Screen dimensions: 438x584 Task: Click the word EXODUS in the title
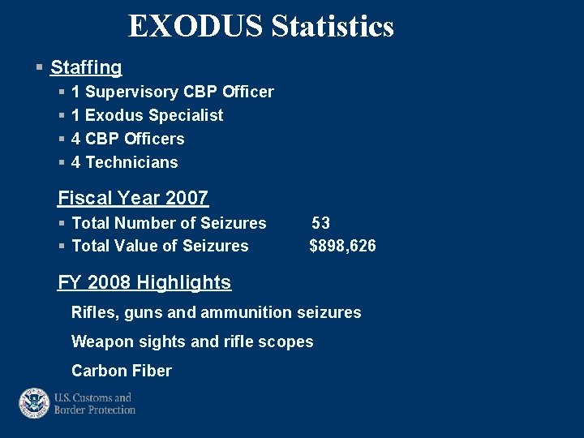[x=195, y=27]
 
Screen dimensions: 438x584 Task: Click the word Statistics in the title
[x=333, y=27]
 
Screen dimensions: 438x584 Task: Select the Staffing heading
[x=86, y=68]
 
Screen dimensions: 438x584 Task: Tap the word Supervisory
[x=133, y=92]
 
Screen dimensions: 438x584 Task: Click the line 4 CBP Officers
[x=128, y=139]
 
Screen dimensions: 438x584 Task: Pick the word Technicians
[x=131, y=162]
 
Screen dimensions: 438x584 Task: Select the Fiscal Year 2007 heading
[x=133, y=198]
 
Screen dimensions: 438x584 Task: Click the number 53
[x=320, y=223]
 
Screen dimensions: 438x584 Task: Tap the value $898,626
[x=342, y=246]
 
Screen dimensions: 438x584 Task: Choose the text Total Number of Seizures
[x=169, y=223]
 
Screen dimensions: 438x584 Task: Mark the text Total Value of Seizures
[x=160, y=246]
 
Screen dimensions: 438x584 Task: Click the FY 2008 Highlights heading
[x=144, y=282]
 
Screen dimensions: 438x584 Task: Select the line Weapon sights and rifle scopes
[x=192, y=341]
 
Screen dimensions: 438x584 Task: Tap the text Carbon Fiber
[x=122, y=371]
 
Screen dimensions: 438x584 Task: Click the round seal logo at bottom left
[x=34, y=403]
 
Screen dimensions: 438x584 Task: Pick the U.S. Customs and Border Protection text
[x=94, y=404]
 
